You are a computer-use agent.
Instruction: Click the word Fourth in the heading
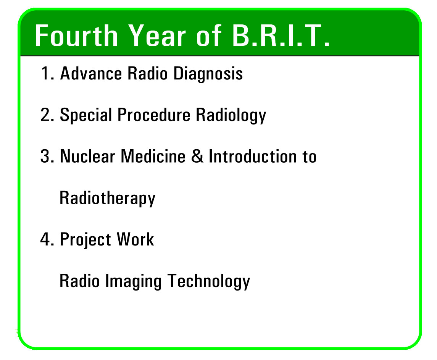point(76,36)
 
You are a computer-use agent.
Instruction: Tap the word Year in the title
point(157,36)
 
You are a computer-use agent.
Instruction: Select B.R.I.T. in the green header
point(281,36)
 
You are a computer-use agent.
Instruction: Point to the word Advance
point(91,73)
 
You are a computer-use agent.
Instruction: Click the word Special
point(86,115)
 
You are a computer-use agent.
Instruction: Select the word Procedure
point(154,115)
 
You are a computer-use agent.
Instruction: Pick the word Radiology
point(231,115)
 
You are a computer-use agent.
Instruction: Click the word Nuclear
point(87,156)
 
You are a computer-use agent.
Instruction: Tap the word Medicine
point(153,156)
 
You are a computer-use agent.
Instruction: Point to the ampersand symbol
point(197,156)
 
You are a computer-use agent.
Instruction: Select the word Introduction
point(253,156)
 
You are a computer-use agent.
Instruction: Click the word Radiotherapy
point(108,198)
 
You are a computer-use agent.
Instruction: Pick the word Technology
point(209,281)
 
